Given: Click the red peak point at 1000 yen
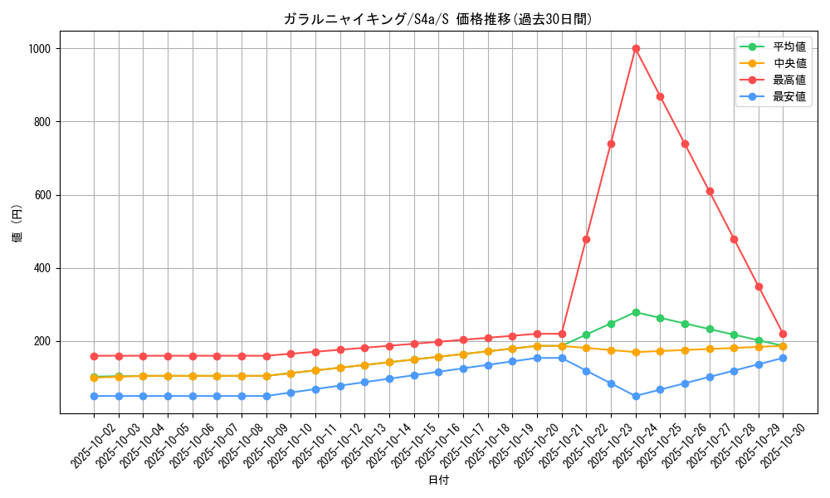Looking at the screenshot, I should [636, 48].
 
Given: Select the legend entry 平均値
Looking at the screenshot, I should [788, 46].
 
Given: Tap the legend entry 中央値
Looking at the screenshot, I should [788, 63].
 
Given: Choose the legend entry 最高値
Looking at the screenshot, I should [788, 80].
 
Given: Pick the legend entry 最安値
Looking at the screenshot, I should [788, 96].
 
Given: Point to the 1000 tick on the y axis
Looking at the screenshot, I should [40, 49].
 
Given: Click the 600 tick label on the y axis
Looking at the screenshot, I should [43, 195].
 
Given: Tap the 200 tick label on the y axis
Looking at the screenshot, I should [43, 341].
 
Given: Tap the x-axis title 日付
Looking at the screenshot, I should [438, 481].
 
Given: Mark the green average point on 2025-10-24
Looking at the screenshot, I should [636, 312].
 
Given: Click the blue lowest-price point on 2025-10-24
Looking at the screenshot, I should [636, 396].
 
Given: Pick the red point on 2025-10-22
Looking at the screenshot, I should [586, 239].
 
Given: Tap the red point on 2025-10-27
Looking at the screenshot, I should [710, 191].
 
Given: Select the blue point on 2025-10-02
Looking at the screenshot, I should [94, 396].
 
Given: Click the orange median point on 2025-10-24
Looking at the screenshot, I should [636, 352].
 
